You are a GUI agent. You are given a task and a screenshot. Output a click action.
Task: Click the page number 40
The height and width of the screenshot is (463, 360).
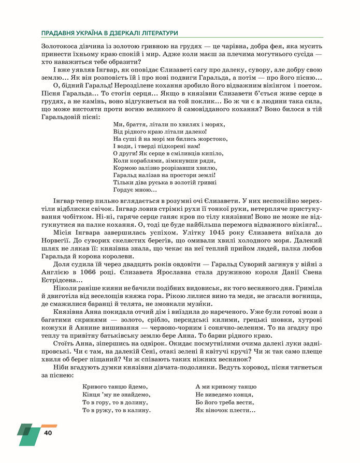[48, 432]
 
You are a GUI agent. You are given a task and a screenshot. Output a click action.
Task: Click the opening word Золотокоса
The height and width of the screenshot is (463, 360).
[61, 46]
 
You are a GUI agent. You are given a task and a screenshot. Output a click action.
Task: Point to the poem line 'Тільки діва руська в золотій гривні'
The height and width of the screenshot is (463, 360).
[164, 182]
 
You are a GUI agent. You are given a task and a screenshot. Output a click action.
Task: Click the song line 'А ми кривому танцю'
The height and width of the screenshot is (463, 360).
[226, 386]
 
